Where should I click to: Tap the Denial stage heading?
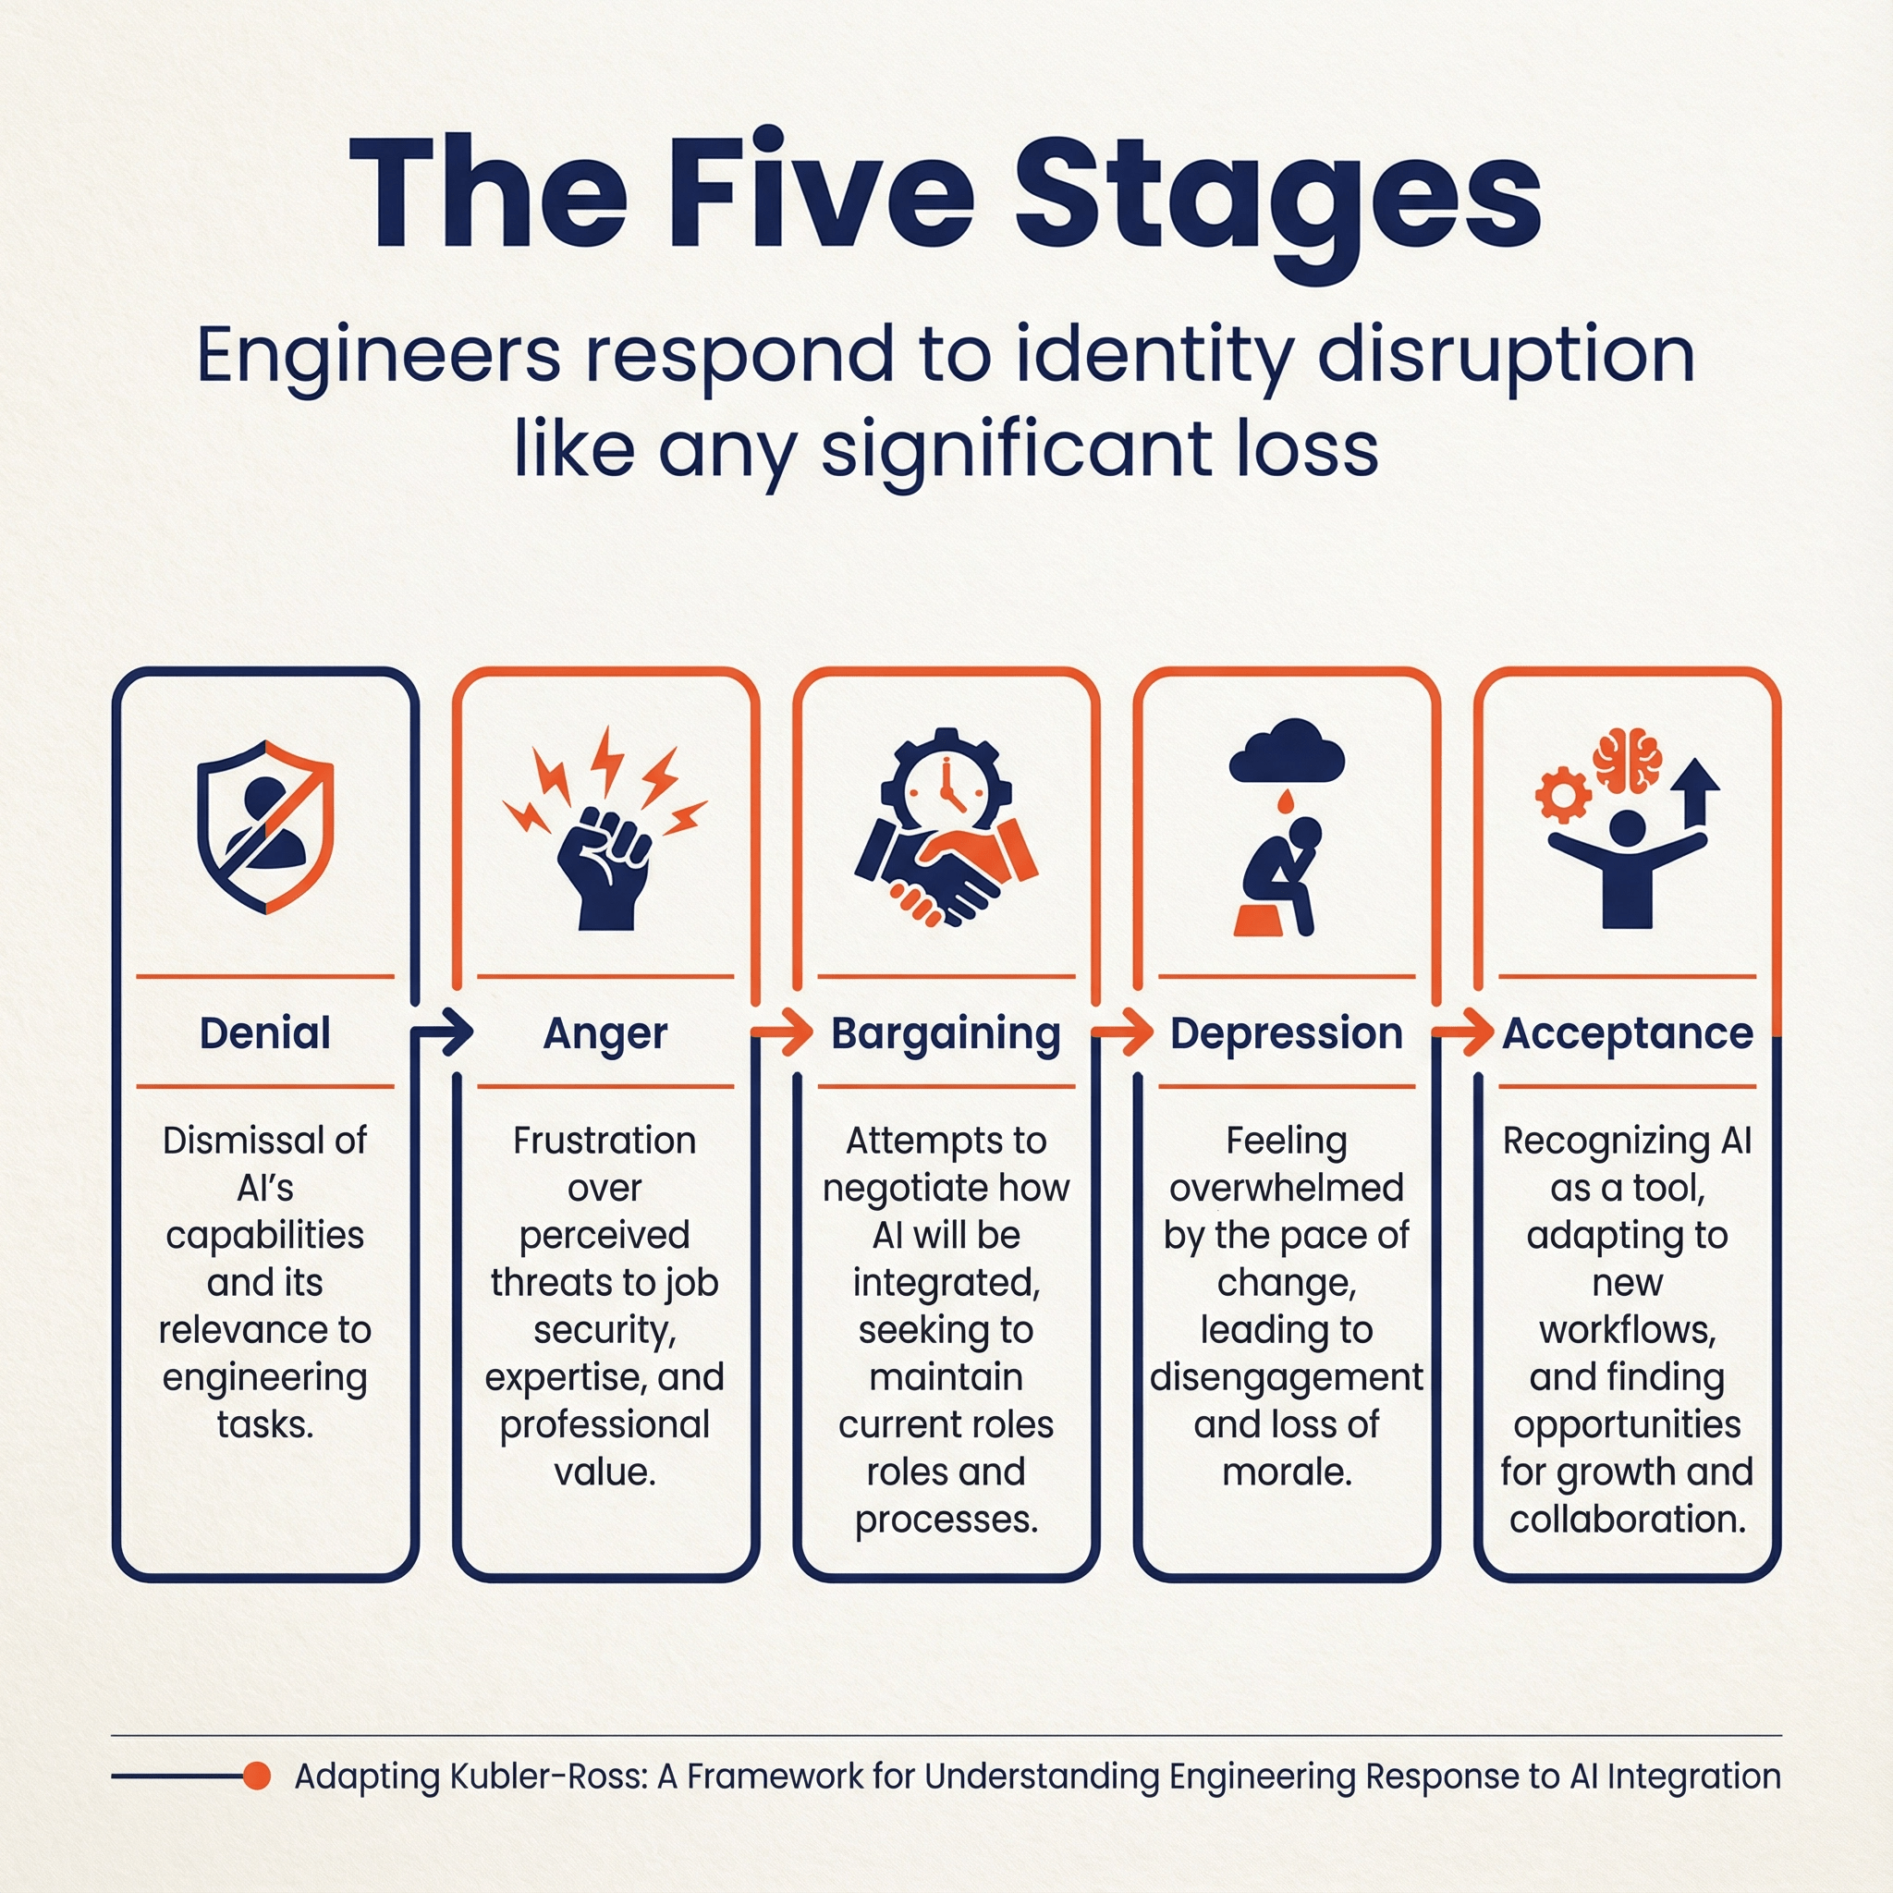click(x=264, y=1033)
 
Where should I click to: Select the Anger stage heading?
click(x=605, y=1033)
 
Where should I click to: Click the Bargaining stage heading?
click(x=946, y=1033)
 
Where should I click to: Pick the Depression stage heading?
click(x=1286, y=1033)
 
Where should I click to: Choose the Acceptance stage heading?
click(x=1628, y=1033)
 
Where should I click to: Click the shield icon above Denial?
click(x=265, y=826)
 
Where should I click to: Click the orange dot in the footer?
click(x=257, y=1776)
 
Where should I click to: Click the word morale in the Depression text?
click(x=1287, y=1472)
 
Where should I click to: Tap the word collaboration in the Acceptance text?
click(x=1628, y=1519)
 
